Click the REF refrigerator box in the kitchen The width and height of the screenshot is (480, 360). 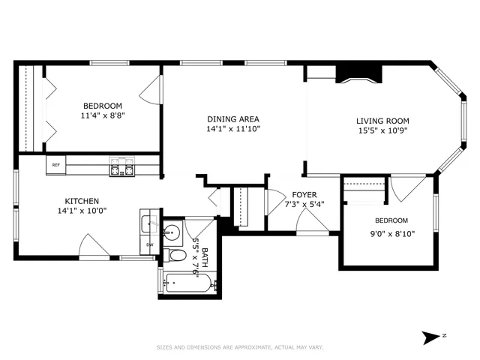(56, 165)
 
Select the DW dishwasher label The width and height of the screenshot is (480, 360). (149, 244)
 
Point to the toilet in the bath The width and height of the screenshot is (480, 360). (177, 255)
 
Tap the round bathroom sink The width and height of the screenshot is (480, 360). (172, 231)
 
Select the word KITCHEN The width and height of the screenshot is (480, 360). (82, 201)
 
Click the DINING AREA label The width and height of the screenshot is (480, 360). (233, 119)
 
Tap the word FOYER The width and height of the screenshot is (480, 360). (304, 195)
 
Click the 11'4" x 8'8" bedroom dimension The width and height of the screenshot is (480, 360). (103, 116)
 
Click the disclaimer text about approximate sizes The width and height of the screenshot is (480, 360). (240, 347)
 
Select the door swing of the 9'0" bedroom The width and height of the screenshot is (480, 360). (407, 187)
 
